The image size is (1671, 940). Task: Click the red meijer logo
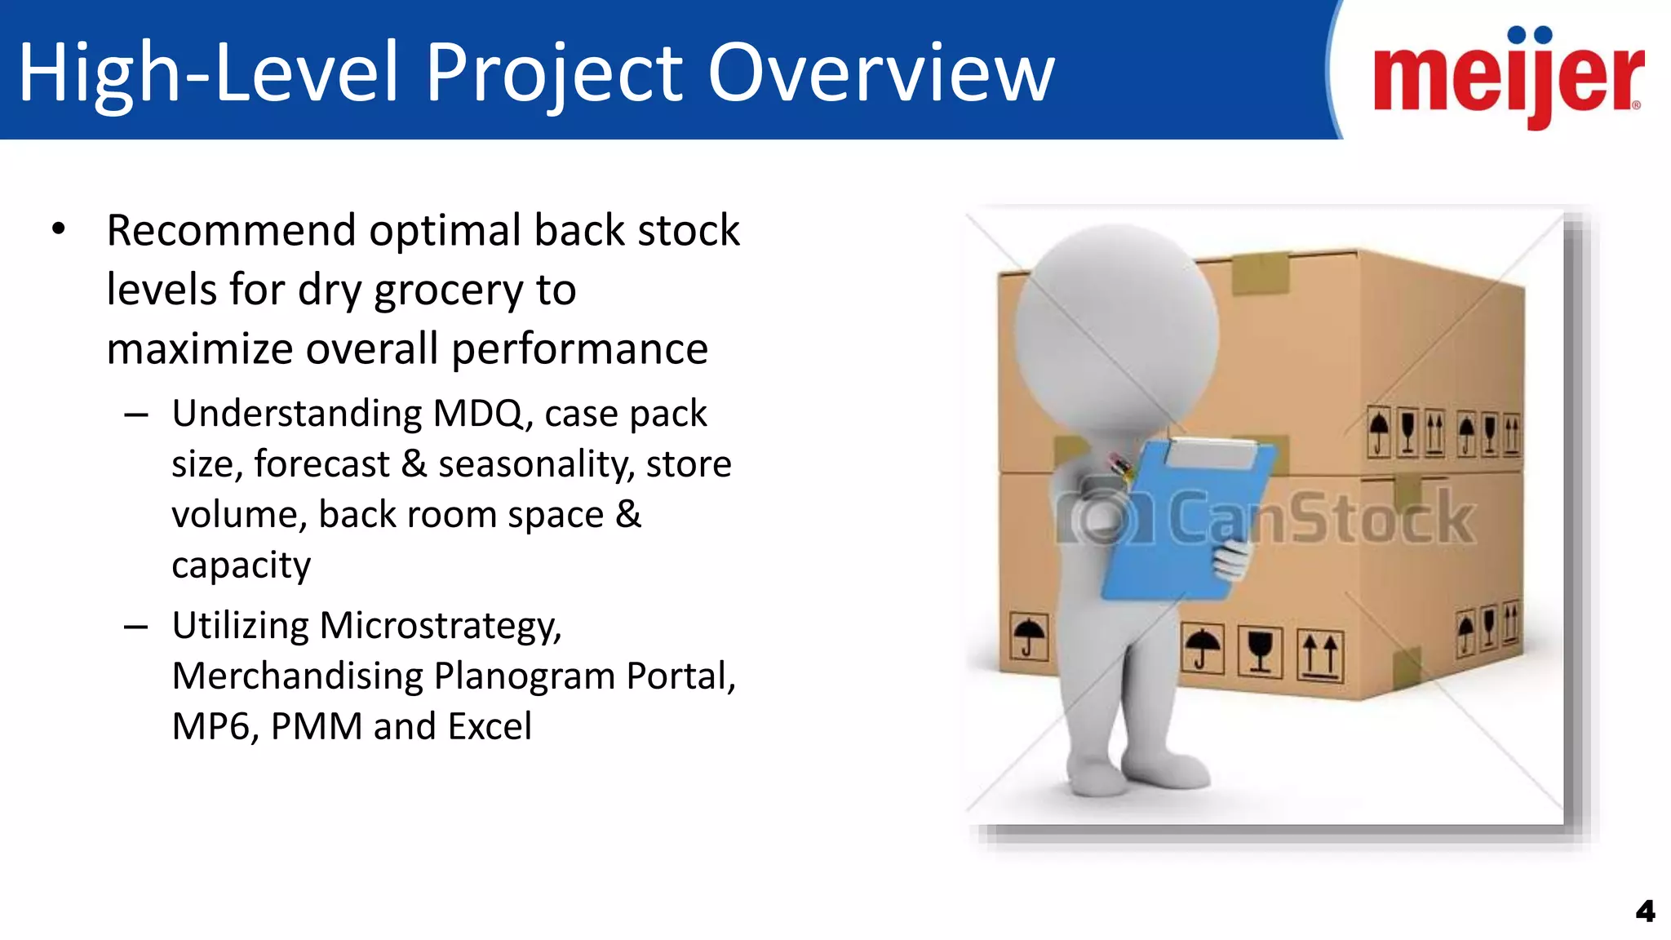point(1508,78)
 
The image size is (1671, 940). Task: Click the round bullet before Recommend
point(58,230)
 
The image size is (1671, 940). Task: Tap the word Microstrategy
point(440,626)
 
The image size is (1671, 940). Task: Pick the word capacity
point(241,565)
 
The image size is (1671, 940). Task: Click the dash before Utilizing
point(136,627)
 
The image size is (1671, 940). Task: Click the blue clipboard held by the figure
point(1175,530)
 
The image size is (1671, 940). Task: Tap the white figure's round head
point(1116,326)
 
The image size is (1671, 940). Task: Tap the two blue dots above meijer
point(1530,35)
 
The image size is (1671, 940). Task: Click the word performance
point(579,350)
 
